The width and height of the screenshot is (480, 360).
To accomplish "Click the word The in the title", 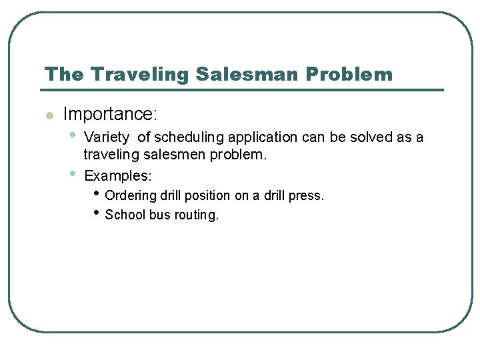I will [63, 74].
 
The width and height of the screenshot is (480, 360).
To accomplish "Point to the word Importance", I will [109, 115].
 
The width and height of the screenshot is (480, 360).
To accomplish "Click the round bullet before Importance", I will [48, 115].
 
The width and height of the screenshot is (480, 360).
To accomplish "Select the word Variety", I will [107, 138].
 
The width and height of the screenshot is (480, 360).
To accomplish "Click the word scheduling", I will [189, 138].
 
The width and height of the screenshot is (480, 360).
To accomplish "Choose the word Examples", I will [117, 176].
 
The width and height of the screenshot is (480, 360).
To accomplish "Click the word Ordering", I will [129, 196].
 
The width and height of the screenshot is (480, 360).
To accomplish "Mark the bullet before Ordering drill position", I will [97, 194].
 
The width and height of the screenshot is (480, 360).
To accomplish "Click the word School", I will [124, 215].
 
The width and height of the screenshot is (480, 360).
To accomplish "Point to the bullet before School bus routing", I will [97, 213].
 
